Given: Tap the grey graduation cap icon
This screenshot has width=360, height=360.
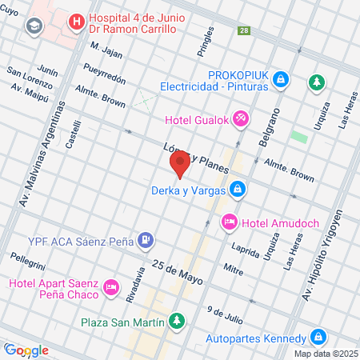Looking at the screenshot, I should tap(34, 26).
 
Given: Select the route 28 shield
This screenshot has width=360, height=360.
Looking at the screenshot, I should tap(243, 30).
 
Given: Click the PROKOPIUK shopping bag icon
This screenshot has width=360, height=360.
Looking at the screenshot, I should tap(281, 79).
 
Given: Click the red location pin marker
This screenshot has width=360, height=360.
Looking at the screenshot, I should tap(180, 164).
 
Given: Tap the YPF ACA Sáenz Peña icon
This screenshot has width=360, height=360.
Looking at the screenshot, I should tap(145, 238).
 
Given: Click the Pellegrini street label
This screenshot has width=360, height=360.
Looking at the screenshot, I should tap(28, 261).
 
